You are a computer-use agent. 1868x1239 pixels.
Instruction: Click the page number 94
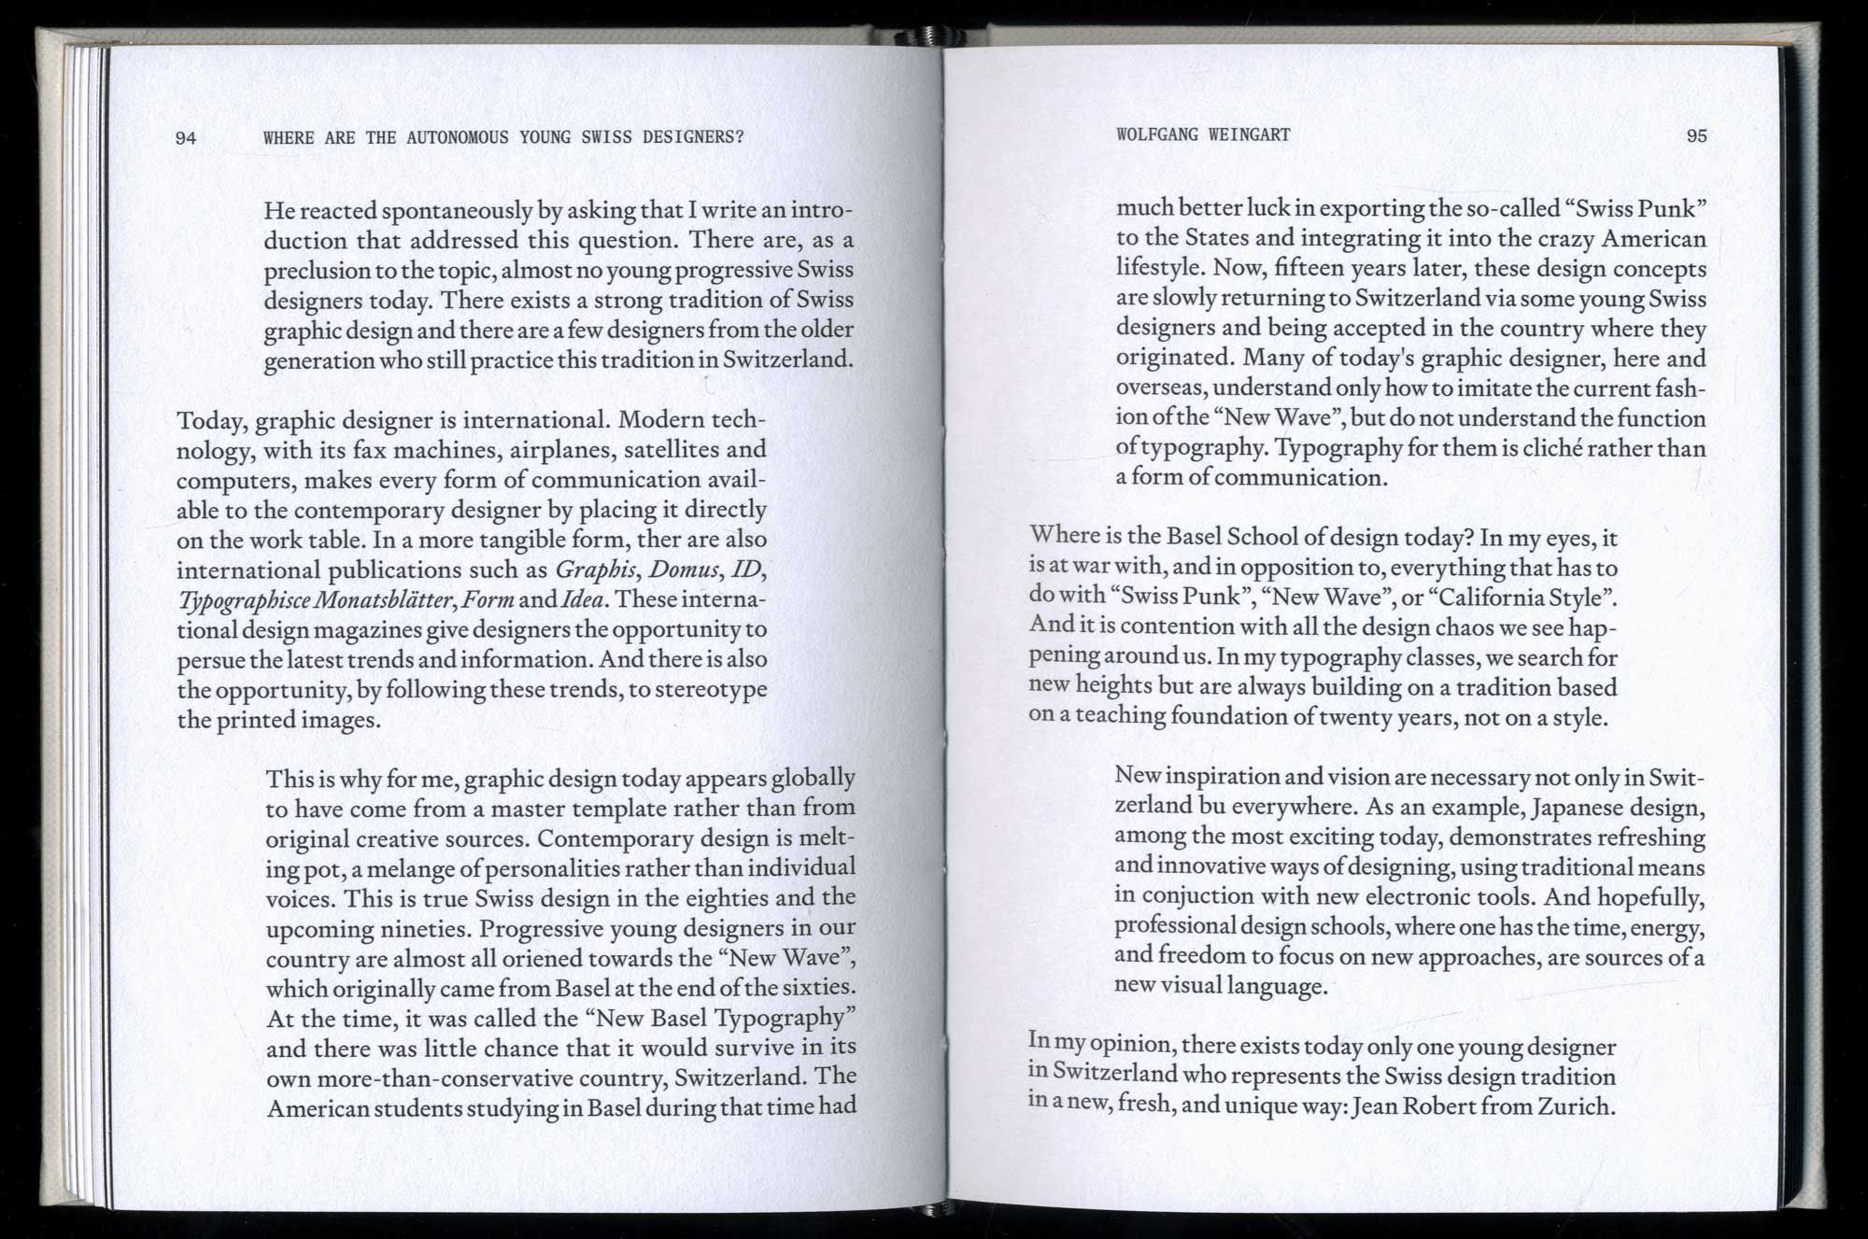tap(186, 138)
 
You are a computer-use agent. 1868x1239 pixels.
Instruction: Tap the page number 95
tap(1696, 135)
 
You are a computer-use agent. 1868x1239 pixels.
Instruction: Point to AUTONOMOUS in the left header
tap(457, 137)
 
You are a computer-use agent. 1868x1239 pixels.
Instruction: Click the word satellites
tap(669, 450)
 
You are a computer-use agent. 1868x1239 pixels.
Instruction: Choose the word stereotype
tap(711, 690)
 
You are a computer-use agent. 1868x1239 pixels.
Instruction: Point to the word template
tap(618, 809)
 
